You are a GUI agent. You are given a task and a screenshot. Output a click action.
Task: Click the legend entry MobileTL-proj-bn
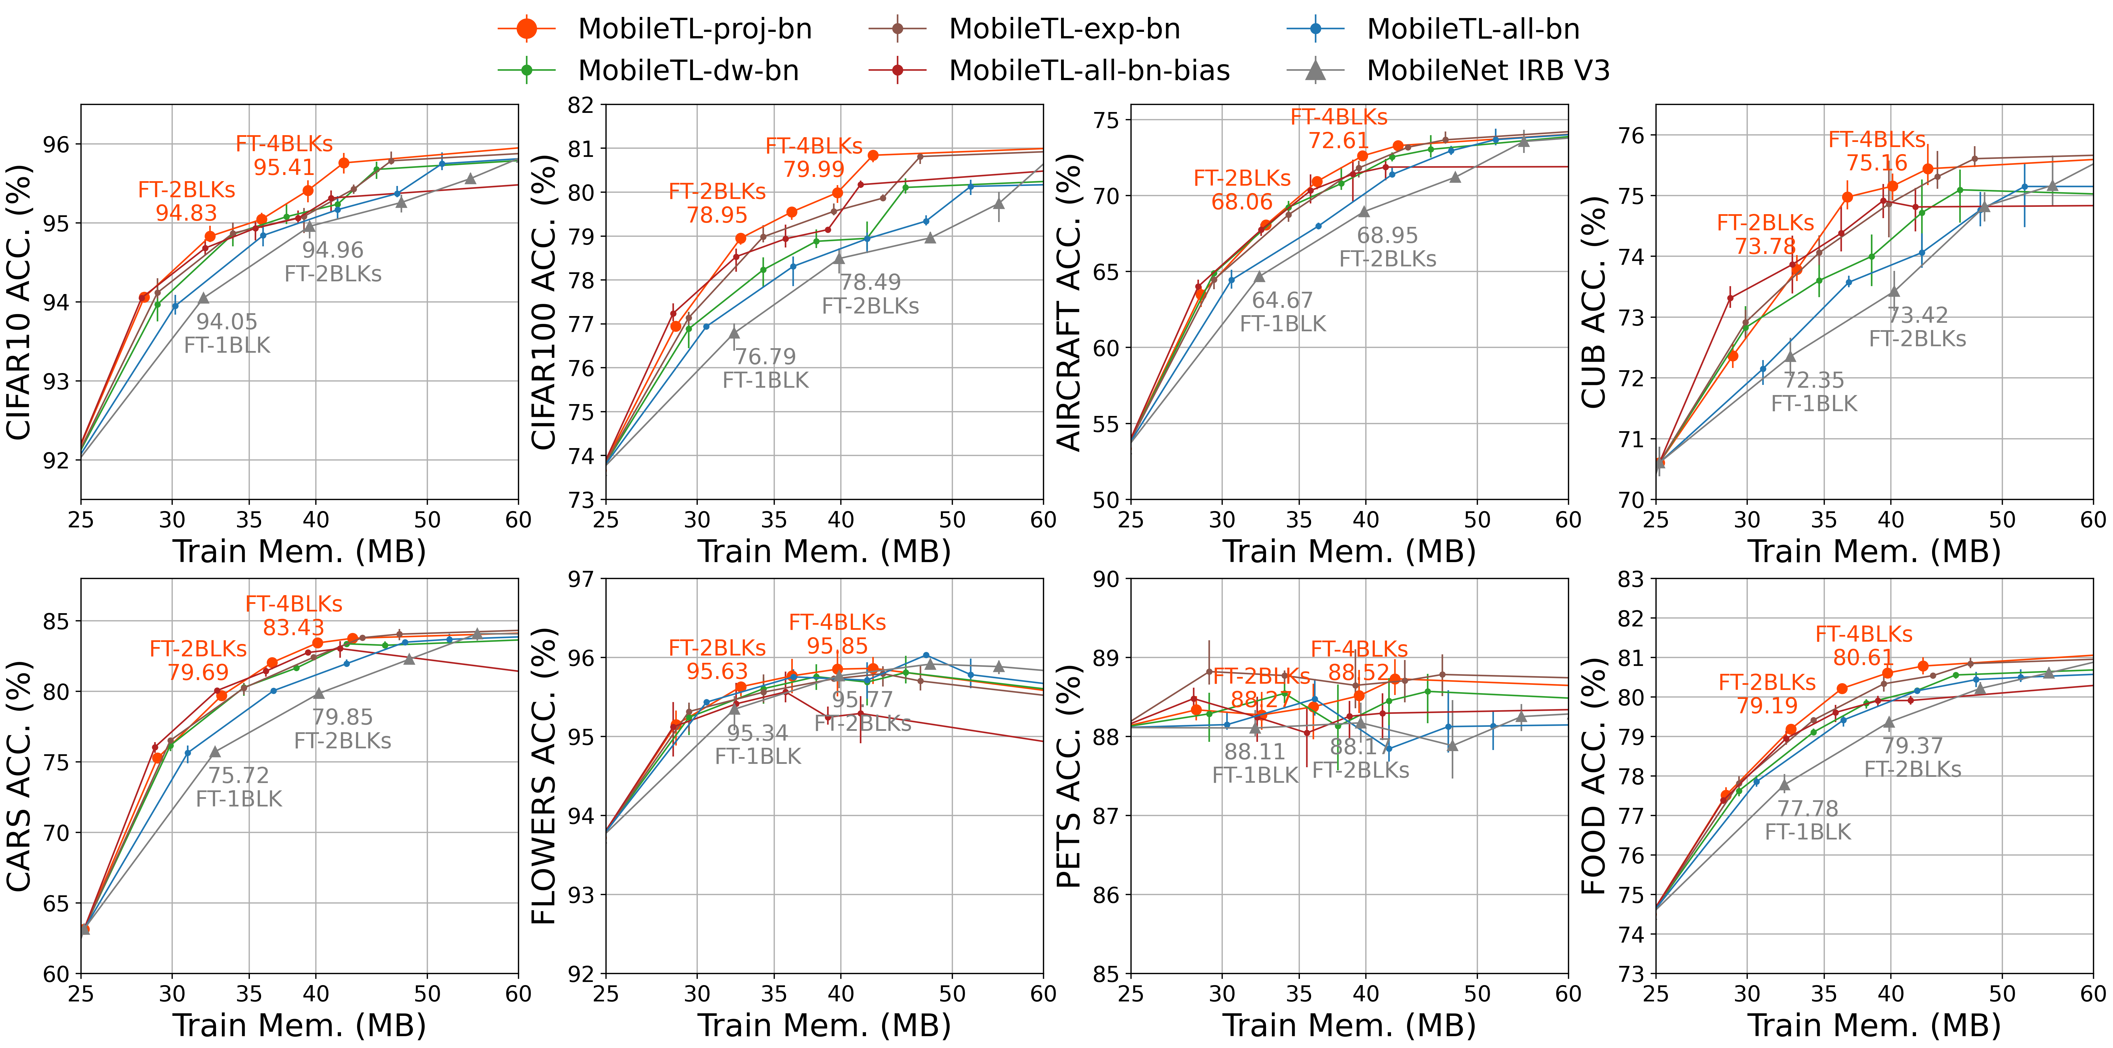(x=694, y=29)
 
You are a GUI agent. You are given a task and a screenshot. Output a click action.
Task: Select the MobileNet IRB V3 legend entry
(x=1487, y=71)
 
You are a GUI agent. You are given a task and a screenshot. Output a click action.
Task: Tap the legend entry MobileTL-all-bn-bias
(x=1088, y=71)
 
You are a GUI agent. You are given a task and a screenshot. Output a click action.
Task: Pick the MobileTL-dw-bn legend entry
(x=687, y=71)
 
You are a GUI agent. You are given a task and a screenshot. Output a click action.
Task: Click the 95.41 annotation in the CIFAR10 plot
(x=284, y=167)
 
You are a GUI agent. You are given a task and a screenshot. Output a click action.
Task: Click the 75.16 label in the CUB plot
(x=1877, y=163)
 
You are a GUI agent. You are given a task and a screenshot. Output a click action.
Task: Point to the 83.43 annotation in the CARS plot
(x=294, y=627)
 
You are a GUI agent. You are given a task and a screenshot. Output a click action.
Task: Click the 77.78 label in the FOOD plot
(x=1808, y=808)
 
